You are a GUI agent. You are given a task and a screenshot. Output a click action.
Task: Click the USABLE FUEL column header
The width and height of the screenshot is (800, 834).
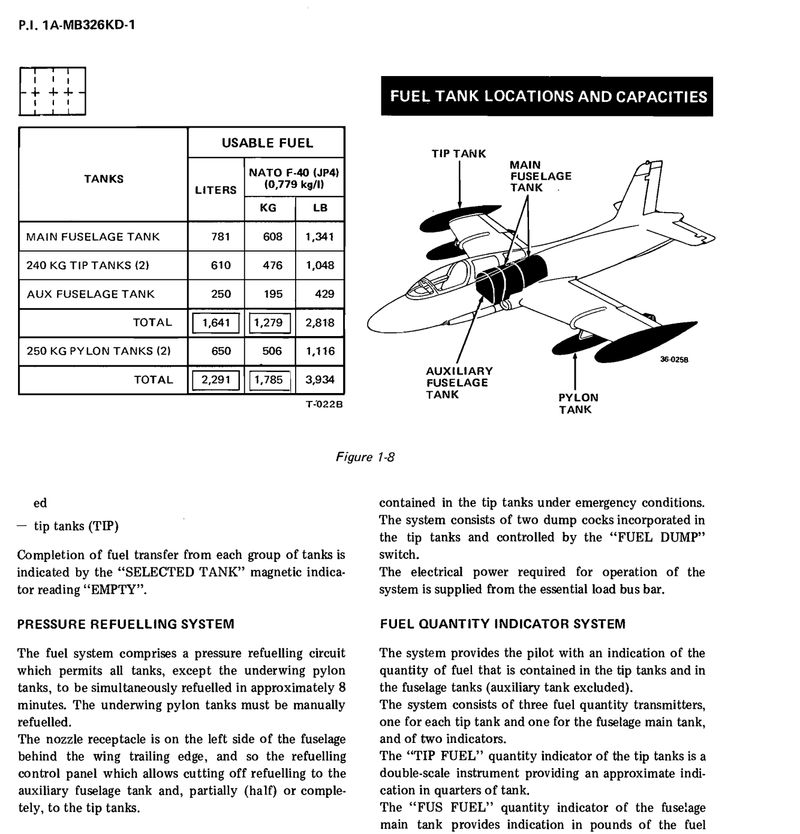point(267,143)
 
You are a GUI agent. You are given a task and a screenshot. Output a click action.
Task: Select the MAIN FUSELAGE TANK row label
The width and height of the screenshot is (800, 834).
point(93,237)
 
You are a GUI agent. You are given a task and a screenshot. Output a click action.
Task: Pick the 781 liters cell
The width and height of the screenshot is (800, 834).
point(221,237)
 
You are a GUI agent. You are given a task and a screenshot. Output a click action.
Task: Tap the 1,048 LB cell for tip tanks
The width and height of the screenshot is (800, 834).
point(320,265)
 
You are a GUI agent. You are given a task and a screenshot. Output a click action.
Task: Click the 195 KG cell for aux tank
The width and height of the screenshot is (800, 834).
point(272,294)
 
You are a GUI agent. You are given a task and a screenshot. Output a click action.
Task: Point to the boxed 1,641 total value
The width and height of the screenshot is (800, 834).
point(216,323)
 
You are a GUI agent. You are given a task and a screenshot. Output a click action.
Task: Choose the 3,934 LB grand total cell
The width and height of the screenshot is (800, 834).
point(320,380)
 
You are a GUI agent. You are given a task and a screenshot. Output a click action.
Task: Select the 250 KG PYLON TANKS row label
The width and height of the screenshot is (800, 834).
point(98,351)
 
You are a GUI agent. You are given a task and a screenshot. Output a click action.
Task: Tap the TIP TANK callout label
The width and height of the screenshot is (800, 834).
point(459,154)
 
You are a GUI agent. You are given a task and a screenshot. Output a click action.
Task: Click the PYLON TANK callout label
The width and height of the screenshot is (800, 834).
point(578,404)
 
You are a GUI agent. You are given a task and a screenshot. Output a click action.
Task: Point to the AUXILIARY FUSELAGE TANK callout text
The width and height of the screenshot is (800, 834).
point(459,383)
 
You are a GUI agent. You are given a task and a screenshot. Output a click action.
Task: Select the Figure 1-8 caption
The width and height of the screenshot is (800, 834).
point(365,457)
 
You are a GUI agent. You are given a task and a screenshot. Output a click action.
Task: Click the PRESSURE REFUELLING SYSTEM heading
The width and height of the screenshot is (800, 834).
point(126,624)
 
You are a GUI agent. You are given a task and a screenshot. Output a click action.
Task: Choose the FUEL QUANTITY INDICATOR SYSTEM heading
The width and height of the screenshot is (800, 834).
point(503,624)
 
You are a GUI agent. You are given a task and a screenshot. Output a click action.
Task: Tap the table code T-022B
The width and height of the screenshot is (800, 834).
point(324,404)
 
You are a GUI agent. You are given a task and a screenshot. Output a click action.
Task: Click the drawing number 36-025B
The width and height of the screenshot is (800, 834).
point(673,360)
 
